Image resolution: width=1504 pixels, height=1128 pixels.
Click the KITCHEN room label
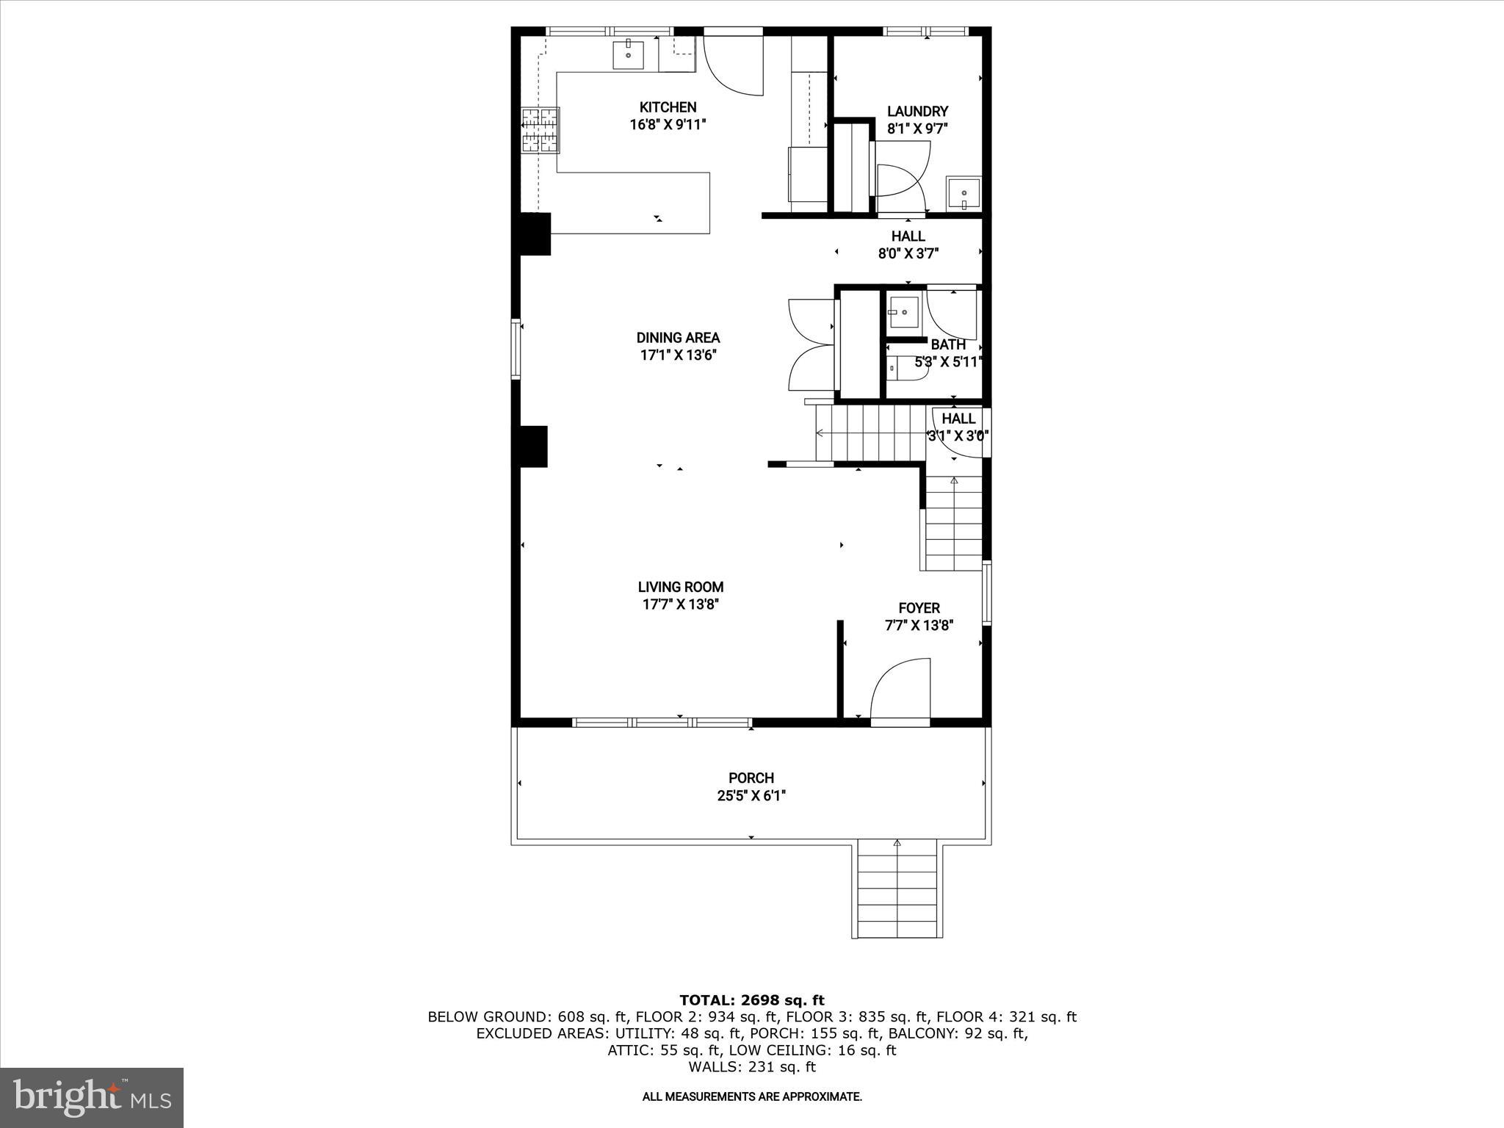point(668,107)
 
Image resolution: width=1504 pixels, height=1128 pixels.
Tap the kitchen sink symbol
point(629,55)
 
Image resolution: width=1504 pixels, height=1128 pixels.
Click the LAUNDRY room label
point(917,112)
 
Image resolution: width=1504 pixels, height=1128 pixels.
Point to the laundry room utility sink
point(963,194)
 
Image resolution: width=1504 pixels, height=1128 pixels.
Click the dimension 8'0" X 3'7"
point(908,254)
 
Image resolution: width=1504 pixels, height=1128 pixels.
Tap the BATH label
point(947,344)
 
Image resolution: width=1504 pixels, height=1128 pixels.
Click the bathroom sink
point(903,312)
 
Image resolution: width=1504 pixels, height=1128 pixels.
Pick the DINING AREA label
point(678,338)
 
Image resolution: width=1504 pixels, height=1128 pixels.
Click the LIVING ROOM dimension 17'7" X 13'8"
point(680,604)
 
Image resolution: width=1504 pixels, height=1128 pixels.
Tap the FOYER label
point(919,608)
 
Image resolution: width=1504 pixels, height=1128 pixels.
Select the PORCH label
point(751,778)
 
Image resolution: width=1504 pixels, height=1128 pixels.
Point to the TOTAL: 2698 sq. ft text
point(751,1000)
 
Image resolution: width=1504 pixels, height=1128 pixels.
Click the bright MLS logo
point(92,1097)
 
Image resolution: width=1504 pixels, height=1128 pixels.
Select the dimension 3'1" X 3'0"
point(958,435)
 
